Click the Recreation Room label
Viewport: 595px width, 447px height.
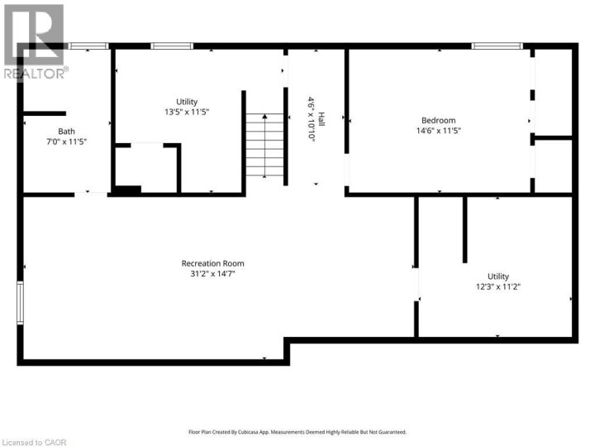point(212,263)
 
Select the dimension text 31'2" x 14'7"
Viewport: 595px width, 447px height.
point(212,274)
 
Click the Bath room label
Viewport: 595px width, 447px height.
point(66,132)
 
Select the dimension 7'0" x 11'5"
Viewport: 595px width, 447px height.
point(66,142)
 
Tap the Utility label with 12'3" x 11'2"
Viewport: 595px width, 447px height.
point(497,276)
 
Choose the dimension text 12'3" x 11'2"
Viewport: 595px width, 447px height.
point(497,287)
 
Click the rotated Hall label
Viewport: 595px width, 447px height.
point(322,119)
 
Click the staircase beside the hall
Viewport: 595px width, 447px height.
point(264,147)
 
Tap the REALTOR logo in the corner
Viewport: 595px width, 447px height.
point(33,41)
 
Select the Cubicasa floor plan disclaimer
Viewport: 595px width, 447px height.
point(297,431)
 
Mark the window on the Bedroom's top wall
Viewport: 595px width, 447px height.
point(497,46)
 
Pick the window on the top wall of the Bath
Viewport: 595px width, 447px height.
point(88,46)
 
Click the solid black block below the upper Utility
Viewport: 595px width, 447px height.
point(126,190)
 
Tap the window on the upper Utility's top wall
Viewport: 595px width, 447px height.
point(172,46)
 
